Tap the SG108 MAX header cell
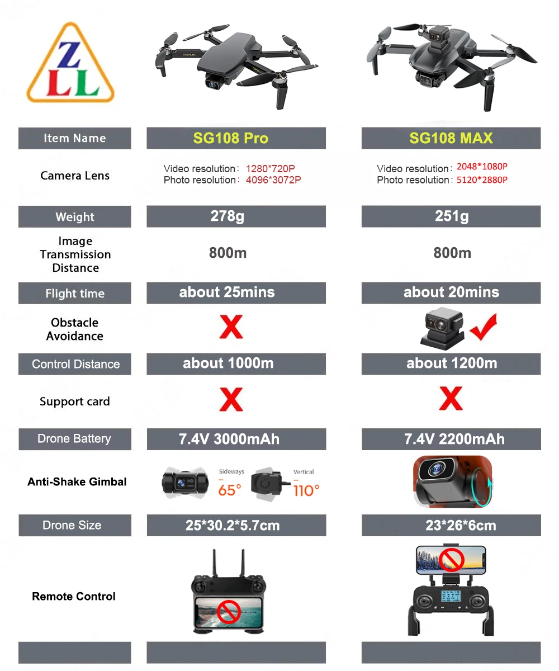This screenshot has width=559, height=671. pos(451,138)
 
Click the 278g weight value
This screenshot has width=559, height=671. pos(228,216)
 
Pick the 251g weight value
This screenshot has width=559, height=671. pos(452,216)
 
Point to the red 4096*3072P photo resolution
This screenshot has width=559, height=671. pos(273,180)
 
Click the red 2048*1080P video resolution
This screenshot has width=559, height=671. pos(482,167)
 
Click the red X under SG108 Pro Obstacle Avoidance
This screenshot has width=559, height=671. pos(231,327)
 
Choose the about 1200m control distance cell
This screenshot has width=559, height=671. pos(451,363)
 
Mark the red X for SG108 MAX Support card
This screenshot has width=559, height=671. pos(451,399)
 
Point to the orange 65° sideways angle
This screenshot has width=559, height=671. pos(229,490)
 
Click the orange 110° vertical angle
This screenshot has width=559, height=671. pos(306,490)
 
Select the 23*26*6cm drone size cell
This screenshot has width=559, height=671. pos(451,526)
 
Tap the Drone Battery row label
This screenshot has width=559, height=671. pos(74,439)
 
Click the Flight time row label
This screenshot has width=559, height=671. pos(75,294)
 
